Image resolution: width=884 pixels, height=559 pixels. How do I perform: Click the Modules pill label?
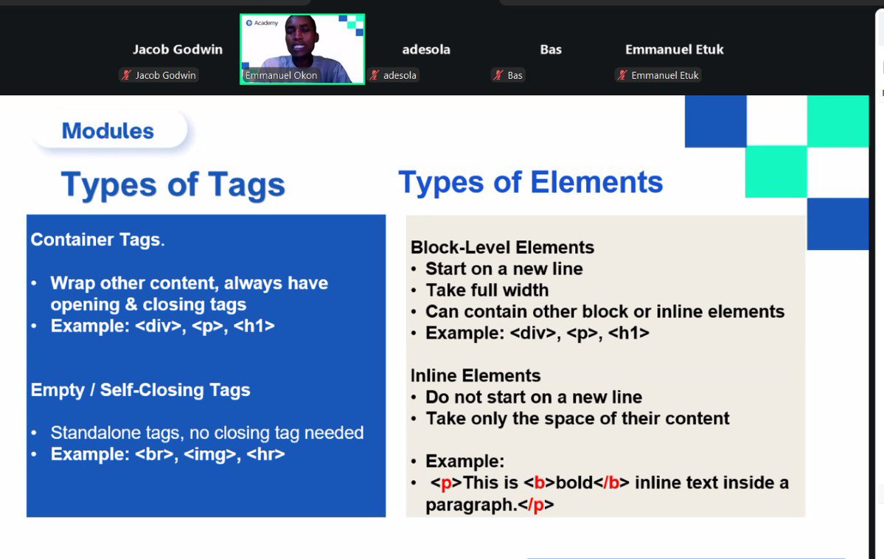coord(108,131)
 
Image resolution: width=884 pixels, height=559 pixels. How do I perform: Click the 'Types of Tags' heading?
coord(173,184)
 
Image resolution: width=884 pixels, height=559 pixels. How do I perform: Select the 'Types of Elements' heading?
coord(530,182)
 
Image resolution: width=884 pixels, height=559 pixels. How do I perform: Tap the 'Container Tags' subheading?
coord(96,240)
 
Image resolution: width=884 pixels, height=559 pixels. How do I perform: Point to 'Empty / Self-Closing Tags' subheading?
coord(140,390)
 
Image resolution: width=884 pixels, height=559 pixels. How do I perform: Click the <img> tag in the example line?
coord(209,454)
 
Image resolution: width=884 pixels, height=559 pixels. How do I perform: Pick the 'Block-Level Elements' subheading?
coord(502,247)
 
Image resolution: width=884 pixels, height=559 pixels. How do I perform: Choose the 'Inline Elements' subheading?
coord(476,375)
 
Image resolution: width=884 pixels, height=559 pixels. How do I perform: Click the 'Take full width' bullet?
coord(487,290)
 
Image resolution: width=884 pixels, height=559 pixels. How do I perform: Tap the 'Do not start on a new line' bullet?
coord(533,397)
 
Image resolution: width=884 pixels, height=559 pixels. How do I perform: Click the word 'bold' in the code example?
coord(574,483)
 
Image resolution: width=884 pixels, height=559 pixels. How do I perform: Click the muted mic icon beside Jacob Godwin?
coord(126,75)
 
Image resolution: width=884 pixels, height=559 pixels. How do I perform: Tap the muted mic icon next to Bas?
coord(498,75)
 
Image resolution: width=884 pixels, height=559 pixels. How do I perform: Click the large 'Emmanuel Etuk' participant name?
coord(674,49)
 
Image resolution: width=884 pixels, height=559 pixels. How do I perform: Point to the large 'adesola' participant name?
coord(425,49)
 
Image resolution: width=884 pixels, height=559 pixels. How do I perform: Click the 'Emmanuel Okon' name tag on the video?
coord(281,75)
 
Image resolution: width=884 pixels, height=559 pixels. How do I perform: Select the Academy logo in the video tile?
coord(262,23)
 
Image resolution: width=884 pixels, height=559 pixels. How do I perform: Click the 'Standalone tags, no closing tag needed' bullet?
coord(206,433)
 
